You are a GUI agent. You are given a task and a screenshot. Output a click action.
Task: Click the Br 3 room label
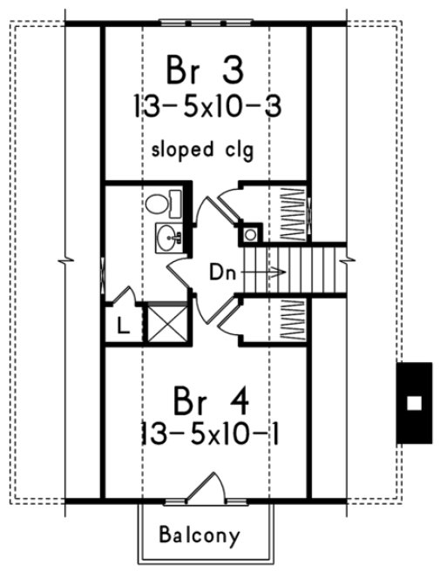click(x=206, y=70)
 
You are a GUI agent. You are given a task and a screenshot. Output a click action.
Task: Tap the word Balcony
click(x=200, y=534)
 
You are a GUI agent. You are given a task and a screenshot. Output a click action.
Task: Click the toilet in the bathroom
click(x=159, y=205)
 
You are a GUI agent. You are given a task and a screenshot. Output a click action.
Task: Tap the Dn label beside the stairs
click(x=221, y=272)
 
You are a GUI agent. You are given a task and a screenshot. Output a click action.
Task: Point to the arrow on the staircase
click(x=266, y=272)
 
